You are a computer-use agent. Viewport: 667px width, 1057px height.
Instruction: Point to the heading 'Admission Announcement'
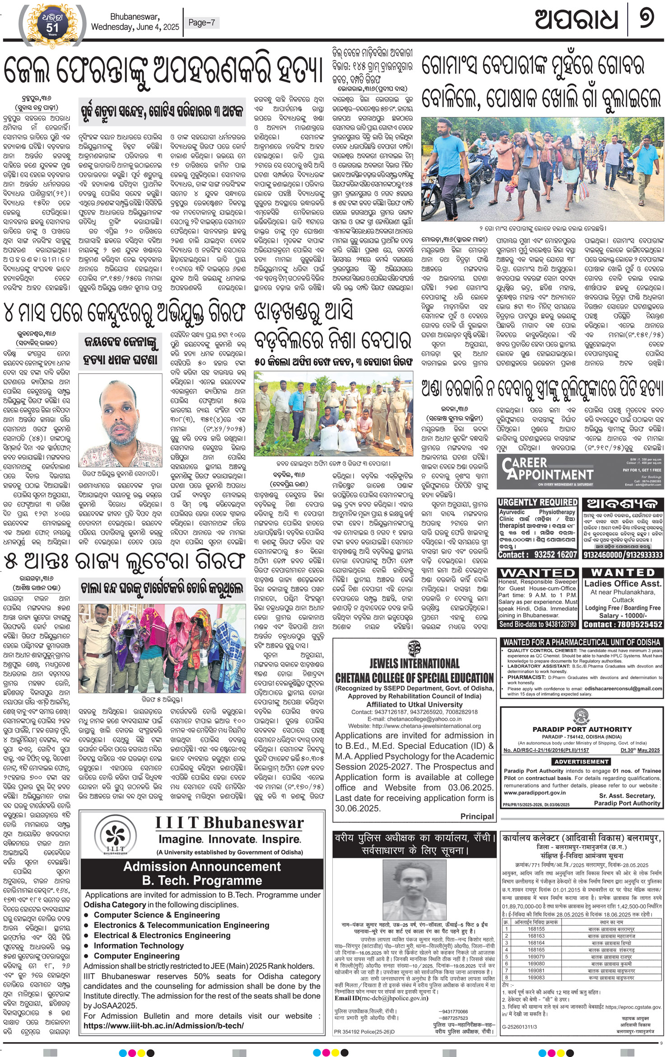[202, 866]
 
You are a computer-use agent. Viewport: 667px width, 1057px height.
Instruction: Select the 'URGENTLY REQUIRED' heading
[537, 503]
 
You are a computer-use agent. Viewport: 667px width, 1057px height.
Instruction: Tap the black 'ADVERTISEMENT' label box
[581, 761]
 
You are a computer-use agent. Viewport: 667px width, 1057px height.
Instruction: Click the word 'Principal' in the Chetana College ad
[477, 817]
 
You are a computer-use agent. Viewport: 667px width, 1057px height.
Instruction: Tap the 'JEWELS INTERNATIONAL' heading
[414, 663]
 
